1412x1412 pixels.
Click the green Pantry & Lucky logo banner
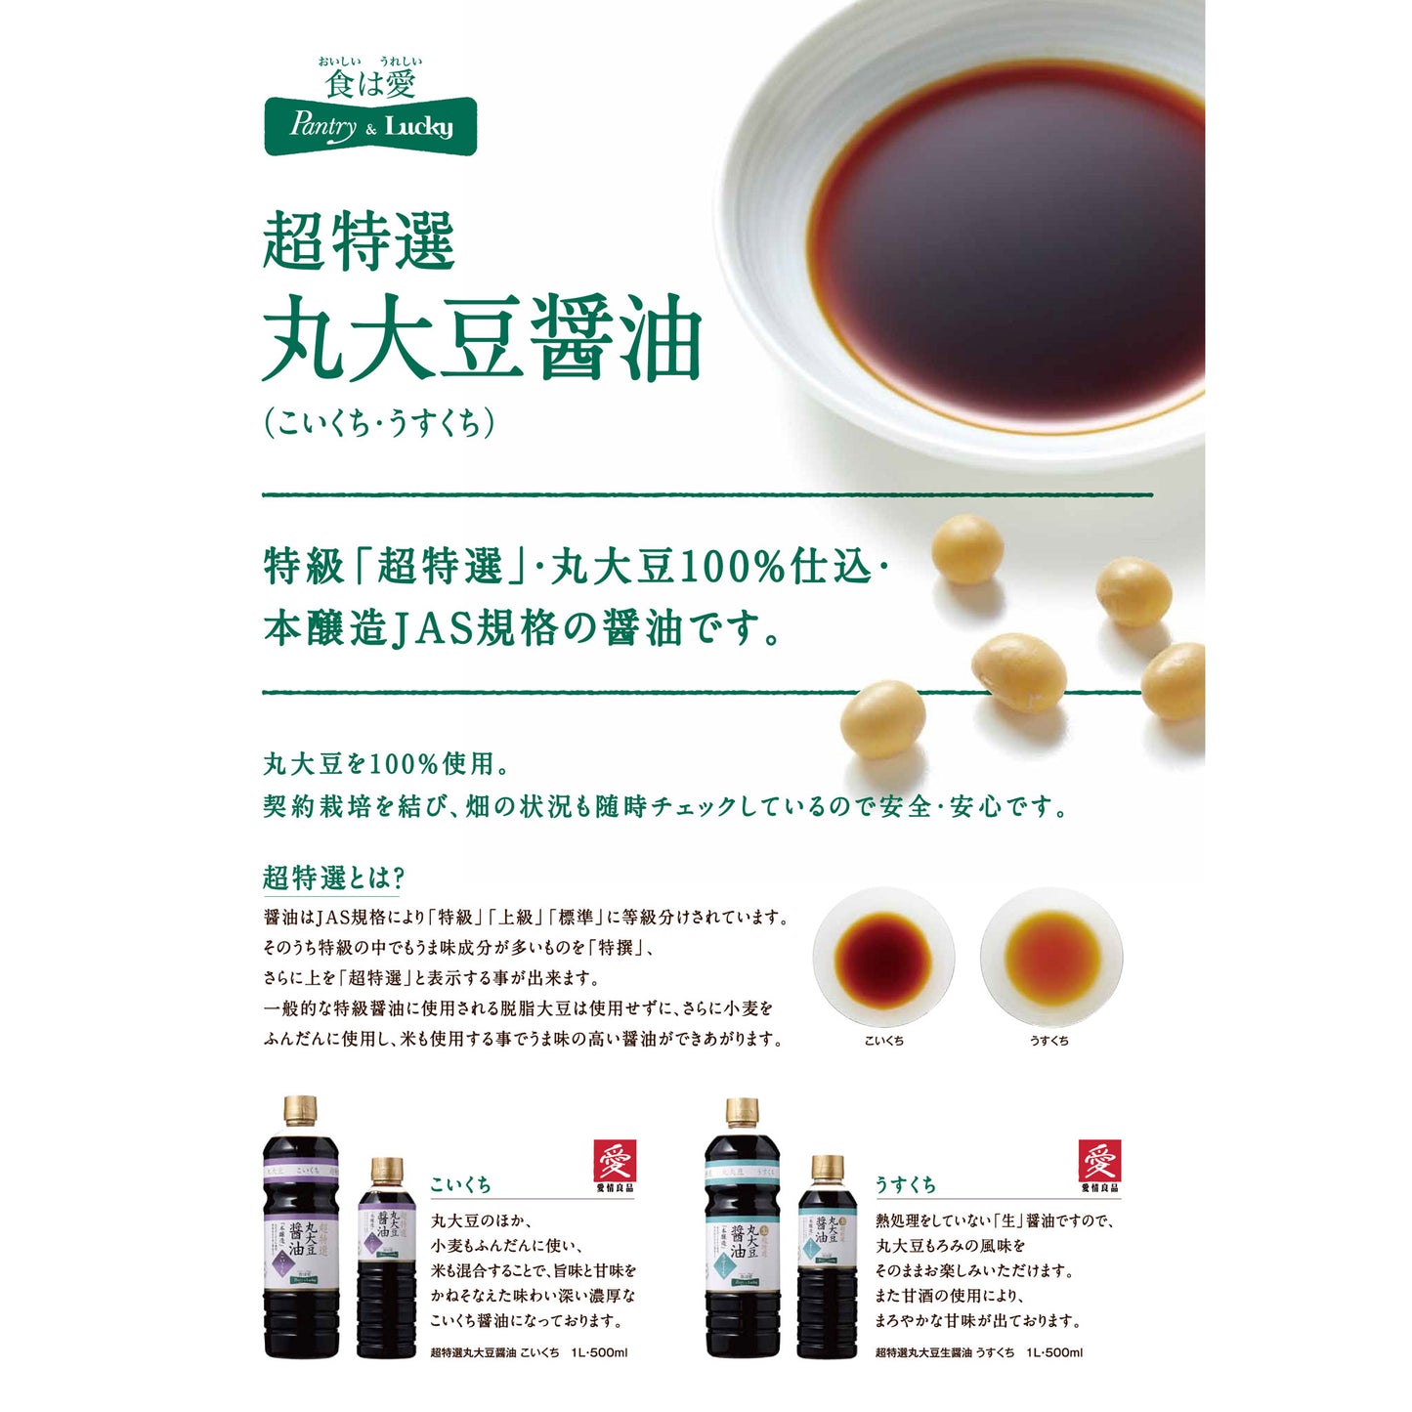point(370,126)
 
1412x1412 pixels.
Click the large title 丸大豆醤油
point(483,339)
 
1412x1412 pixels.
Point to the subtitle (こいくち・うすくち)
point(379,423)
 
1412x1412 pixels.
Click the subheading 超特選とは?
point(333,877)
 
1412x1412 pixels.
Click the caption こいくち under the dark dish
point(883,1041)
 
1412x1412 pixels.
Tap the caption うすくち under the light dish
point(1049,1041)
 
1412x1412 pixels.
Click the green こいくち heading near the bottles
point(460,1184)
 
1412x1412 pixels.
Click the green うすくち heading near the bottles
point(906,1184)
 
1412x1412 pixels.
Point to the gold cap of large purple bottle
point(300,1111)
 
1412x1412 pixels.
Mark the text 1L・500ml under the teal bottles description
point(1054,1352)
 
